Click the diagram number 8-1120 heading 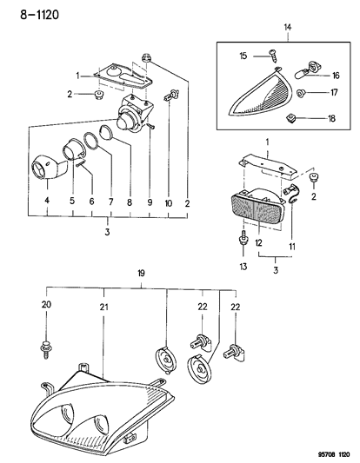[x=40, y=15]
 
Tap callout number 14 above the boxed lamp [x=288, y=28]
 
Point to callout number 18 [x=331, y=118]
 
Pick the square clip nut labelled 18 [x=290, y=118]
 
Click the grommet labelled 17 [x=301, y=93]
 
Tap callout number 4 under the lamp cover [x=47, y=200]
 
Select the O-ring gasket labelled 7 [x=91, y=141]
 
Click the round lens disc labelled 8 [x=106, y=133]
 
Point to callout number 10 [x=169, y=203]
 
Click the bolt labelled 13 [x=243, y=239]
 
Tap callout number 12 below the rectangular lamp [x=258, y=243]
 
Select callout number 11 [x=292, y=246]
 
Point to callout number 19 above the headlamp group [x=141, y=274]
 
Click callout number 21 [x=103, y=308]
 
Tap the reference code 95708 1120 [x=333, y=454]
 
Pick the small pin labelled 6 [x=81, y=162]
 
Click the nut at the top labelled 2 [x=146, y=57]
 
